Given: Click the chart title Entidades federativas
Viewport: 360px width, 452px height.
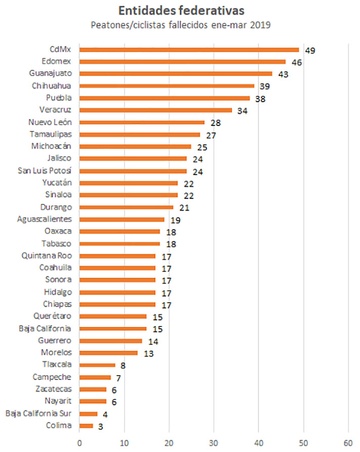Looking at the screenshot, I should tap(180, 10).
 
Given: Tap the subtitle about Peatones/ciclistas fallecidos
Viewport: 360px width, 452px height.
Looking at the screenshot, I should tap(181, 25).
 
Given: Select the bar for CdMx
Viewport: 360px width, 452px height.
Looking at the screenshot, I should tap(189, 50).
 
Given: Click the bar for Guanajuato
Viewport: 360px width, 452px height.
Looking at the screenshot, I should tap(175, 74).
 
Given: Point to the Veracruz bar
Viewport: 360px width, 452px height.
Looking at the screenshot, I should tap(155, 110).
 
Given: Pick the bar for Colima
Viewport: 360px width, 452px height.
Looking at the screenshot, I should tap(86, 426).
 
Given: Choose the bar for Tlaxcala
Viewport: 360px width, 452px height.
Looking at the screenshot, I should tap(97, 365).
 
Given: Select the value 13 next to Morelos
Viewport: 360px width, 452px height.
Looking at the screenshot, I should tap(148, 353).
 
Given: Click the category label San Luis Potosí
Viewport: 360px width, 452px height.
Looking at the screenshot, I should tap(44, 171).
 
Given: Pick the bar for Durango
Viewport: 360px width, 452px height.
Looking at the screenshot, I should tap(126, 207).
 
